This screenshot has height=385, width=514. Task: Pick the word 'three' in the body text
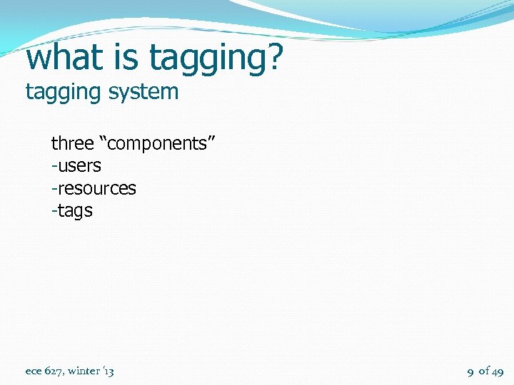(x=72, y=143)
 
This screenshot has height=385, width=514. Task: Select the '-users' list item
(x=76, y=166)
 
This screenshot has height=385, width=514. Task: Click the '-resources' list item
(x=94, y=189)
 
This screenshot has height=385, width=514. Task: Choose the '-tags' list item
(x=72, y=212)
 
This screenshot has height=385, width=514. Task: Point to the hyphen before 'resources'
(x=54, y=190)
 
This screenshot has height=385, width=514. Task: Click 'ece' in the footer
(x=34, y=371)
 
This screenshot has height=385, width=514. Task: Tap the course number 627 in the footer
(x=54, y=371)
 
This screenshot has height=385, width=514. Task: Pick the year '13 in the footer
(x=109, y=371)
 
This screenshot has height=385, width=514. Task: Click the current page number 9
(x=470, y=371)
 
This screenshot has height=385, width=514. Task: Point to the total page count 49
(x=498, y=371)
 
